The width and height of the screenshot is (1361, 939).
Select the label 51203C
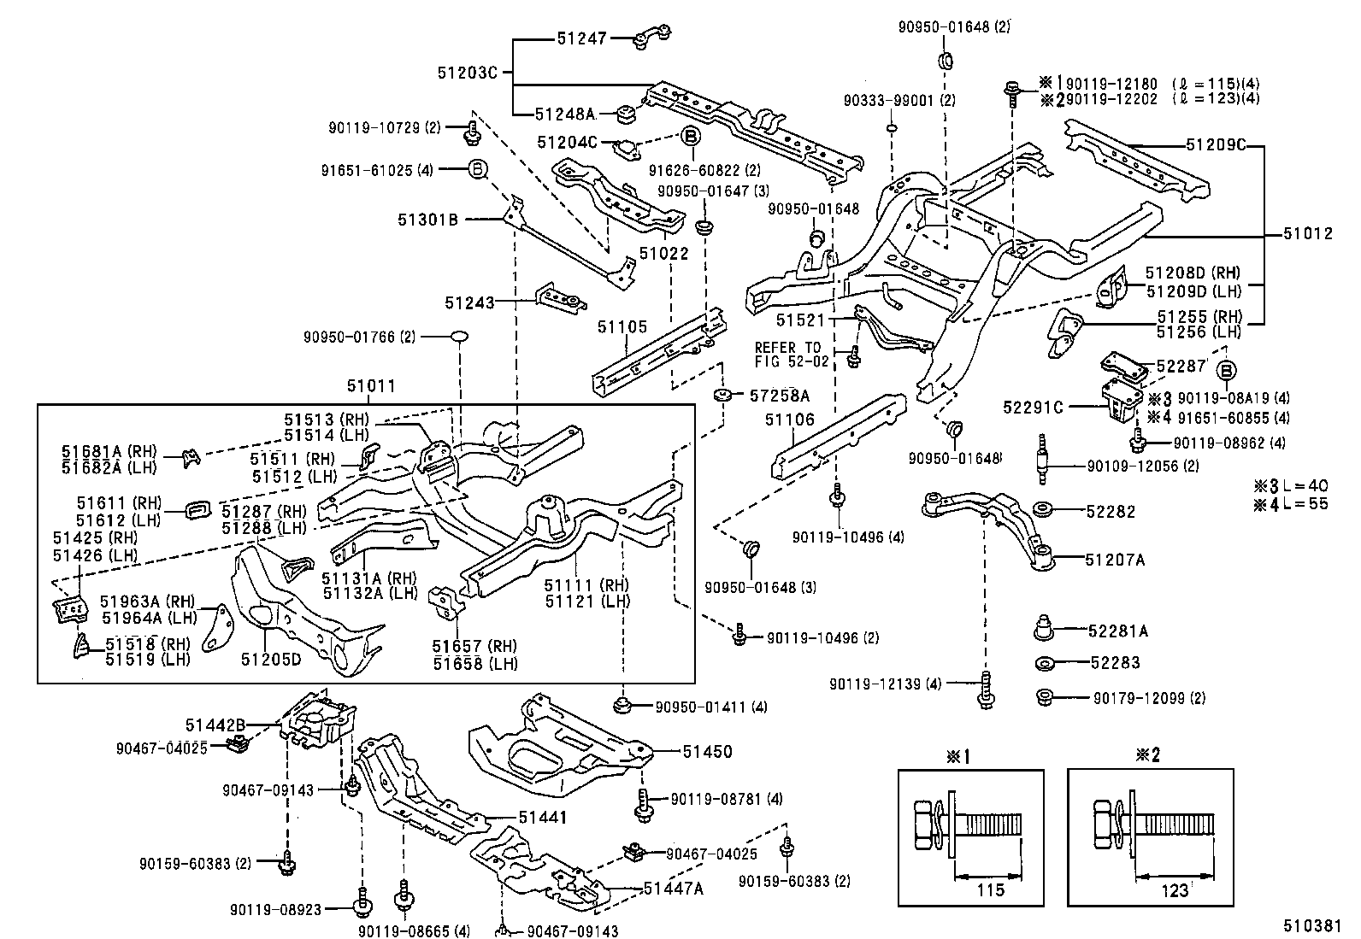click(x=467, y=73)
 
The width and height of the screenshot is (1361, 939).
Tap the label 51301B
click(x=427, y=220)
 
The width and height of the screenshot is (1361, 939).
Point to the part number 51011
click(x=371, y=386)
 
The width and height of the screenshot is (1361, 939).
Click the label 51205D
click(x=271, y=659)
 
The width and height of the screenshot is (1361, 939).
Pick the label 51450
click(x=707, y=752)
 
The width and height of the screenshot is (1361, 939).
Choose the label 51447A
click(x=673, y=889)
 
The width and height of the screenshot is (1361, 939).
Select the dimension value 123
click(x=1175, y=890)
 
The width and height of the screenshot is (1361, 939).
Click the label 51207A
click(x=1114, y=560)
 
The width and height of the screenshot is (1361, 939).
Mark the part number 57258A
click(x=779, y=396)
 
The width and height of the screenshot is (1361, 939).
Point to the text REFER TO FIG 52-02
click(x=787, y=355)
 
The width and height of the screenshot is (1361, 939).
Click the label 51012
click(x=1307, y=234)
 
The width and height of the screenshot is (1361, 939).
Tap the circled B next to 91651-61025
click(x=477, y=169)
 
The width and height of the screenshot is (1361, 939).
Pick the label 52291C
click(x=1033, y=408)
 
